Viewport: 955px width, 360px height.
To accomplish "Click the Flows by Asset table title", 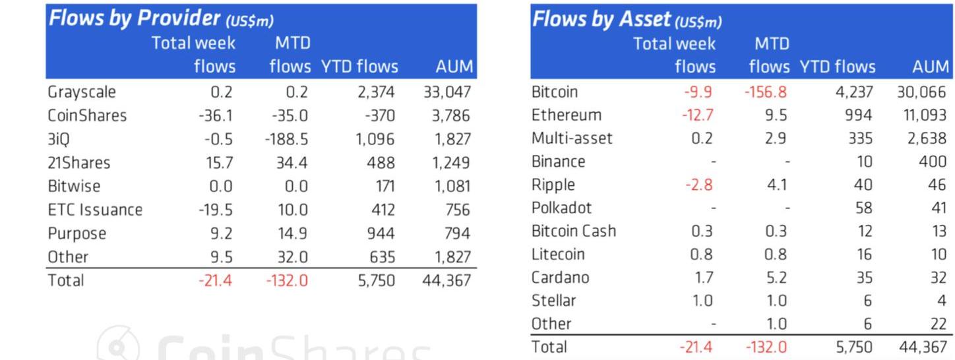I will (627, 20).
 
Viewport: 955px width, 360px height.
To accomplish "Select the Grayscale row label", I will (82, 92).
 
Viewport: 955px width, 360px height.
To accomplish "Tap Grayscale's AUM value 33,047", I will (447, 92).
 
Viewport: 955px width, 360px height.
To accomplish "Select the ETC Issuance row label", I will (95, 210).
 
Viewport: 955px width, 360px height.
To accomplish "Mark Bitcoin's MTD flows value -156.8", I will (765, 92).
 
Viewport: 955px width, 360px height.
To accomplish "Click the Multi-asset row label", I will (572, 138).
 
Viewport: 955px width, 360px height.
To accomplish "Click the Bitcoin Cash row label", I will (574, 231).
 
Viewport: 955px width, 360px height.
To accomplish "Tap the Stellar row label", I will (554, 301).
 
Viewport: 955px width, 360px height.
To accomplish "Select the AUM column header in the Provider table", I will (454, 67).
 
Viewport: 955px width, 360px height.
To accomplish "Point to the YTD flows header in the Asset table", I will (837, 67).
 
